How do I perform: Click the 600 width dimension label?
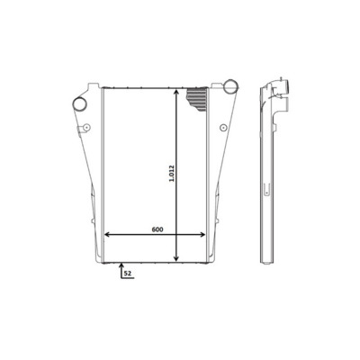(x=157, y=229)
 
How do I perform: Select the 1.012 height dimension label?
(x=172, y=174)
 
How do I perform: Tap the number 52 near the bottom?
(x=128, y=274)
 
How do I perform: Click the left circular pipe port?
(x=80, y=104)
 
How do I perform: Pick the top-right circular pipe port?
(x=230, y=86)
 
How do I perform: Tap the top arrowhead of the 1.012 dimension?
(x=176, y=91)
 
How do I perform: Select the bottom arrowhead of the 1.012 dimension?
(x=176, y=257)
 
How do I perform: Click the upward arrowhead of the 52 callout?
(x=121, y=265)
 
